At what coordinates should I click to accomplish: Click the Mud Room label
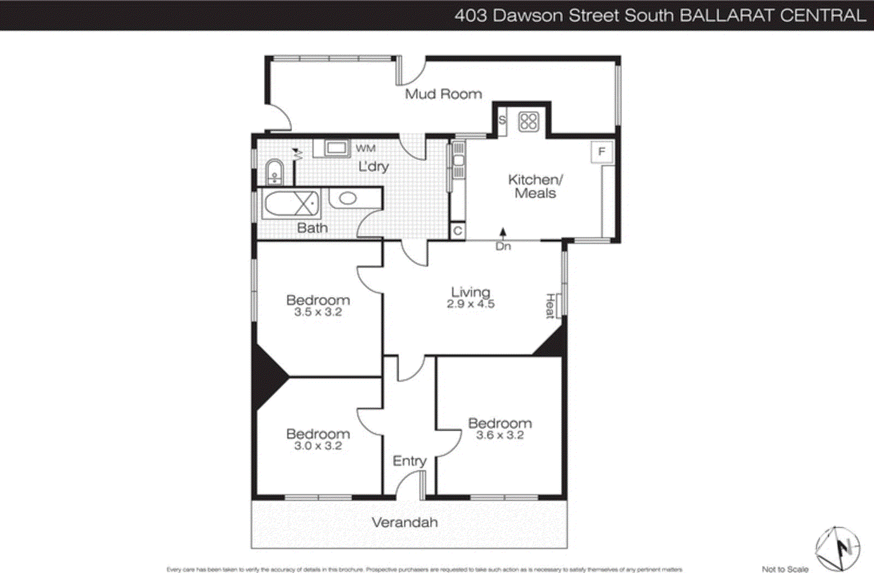(x=443, y=94)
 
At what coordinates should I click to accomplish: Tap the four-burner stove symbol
(x=528, y=121)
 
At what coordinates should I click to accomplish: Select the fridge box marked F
(x=601, y=151)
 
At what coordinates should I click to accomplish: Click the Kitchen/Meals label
(x=535, y=186)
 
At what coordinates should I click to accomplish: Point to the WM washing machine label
(x=365, y=148)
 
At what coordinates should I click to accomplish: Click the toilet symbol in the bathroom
(x=274, y=172)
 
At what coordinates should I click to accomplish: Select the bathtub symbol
(x=291, y=203)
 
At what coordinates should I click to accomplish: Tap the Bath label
(x=312, y=228)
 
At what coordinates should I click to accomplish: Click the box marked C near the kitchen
(x=458, y=231)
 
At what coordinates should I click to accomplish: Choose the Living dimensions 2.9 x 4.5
(x=470, y=304)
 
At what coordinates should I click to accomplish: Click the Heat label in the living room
(x=551, y=306)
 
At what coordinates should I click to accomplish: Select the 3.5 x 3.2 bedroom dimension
(x=318, y=312)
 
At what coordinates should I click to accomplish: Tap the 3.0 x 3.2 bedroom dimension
(x=318, y=446)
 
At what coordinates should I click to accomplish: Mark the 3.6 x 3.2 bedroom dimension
(x=500, y=435)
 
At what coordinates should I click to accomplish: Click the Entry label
(x=409, y=461)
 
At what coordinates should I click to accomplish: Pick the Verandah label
(x=405, y=522)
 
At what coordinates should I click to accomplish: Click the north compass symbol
(x=838, y=548)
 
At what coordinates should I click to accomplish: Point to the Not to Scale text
(x=785, y=569)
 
